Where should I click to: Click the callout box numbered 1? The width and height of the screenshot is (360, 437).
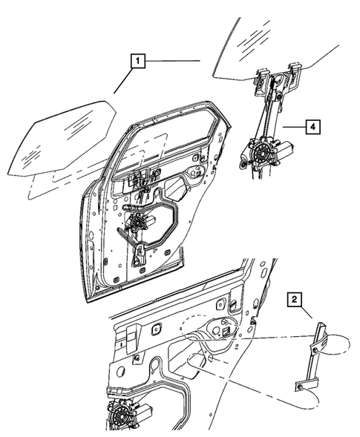(138, 61)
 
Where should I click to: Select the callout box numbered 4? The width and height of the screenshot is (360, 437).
(312, 127)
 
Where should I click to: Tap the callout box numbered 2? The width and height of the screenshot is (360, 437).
(294, 299)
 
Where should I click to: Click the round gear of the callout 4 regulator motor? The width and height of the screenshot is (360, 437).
(262, 153)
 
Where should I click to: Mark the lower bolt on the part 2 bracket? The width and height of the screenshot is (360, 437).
(299, 387)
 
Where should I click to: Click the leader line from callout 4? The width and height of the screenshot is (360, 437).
(294, 127)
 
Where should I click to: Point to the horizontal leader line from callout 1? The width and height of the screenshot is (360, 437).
(173, 61)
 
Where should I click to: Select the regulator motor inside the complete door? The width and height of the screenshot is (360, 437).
(139, 223)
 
